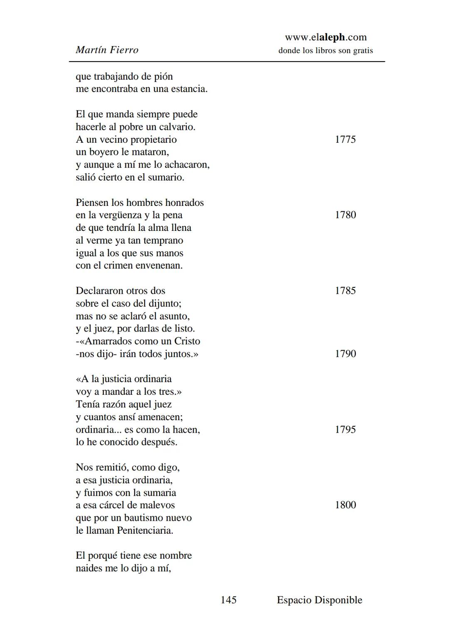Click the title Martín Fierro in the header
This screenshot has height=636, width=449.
tap(107, 50)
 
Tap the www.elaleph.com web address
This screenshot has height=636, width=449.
tap(326, 37)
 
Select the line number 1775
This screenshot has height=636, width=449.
tap(345, 139)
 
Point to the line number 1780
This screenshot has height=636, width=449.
tap(345, 215)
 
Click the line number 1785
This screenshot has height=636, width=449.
tap(345, 291)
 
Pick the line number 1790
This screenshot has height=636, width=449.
tap(345, 354)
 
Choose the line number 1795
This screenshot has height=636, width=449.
tap(345, 430)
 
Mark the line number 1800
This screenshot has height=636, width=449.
tap(345, 505)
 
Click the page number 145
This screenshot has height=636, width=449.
tap(228, 600)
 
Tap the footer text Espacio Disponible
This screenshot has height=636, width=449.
tap(319, 600)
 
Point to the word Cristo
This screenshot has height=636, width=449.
tap(187, 342)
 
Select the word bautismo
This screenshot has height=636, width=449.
tap(143, 518)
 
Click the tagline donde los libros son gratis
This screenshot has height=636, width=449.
tap(326, 51)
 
